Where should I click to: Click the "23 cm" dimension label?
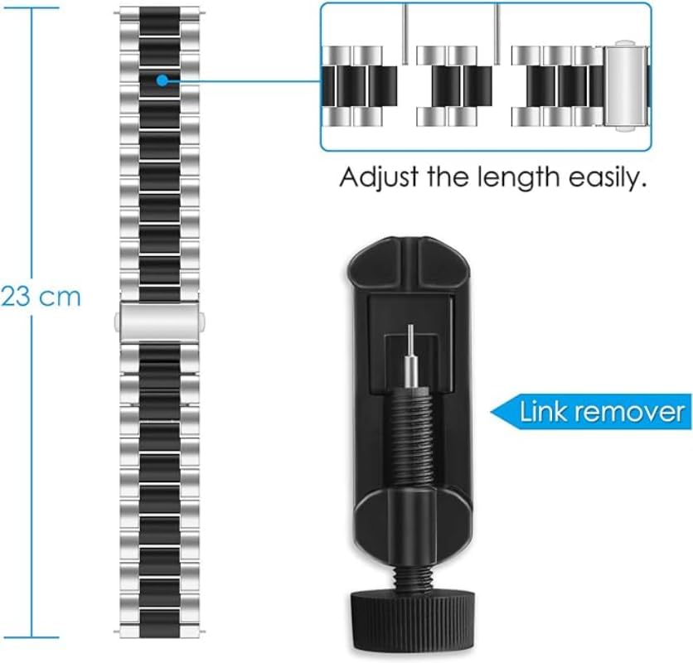click(x=41, y=297)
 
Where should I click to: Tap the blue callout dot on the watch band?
click(x=162, y=80)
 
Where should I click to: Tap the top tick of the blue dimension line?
click(x=33, y=7)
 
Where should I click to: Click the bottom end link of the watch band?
click(x=160, y=630)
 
